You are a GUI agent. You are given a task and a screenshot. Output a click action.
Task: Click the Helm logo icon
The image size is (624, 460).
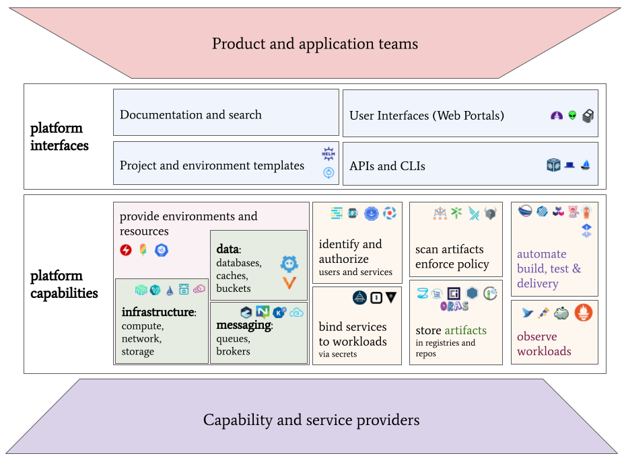328,154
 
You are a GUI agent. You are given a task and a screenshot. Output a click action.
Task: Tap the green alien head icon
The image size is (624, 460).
572,116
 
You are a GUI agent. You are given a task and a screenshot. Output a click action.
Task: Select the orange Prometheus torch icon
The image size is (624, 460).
583,313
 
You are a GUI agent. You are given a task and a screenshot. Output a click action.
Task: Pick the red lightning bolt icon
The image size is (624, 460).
126,250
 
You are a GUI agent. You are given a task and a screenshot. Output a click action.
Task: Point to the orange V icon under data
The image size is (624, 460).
289,283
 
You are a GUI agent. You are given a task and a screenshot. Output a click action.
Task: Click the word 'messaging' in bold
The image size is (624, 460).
244,325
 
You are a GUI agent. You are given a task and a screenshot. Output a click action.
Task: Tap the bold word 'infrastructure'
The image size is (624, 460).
158,312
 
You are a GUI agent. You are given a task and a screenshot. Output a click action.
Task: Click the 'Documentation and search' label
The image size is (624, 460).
190,114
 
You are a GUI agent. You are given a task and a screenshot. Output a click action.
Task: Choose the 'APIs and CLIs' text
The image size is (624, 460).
387,166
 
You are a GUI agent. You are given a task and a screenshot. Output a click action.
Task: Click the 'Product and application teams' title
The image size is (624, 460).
315,44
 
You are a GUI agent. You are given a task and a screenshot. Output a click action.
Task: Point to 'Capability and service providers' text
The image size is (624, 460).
311,420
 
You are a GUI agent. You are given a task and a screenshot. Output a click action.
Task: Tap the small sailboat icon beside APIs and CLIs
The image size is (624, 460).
586,165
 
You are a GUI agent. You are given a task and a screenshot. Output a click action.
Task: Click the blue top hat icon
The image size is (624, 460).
569,165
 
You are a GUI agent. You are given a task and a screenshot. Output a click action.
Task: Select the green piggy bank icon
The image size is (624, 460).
561,313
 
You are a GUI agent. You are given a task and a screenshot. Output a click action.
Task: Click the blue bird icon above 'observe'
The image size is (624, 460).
527,313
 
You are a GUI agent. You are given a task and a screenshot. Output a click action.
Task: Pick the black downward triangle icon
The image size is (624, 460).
391,297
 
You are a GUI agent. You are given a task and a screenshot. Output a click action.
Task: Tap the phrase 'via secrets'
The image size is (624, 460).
338,354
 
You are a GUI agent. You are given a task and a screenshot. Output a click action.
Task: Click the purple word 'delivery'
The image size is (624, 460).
538,283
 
